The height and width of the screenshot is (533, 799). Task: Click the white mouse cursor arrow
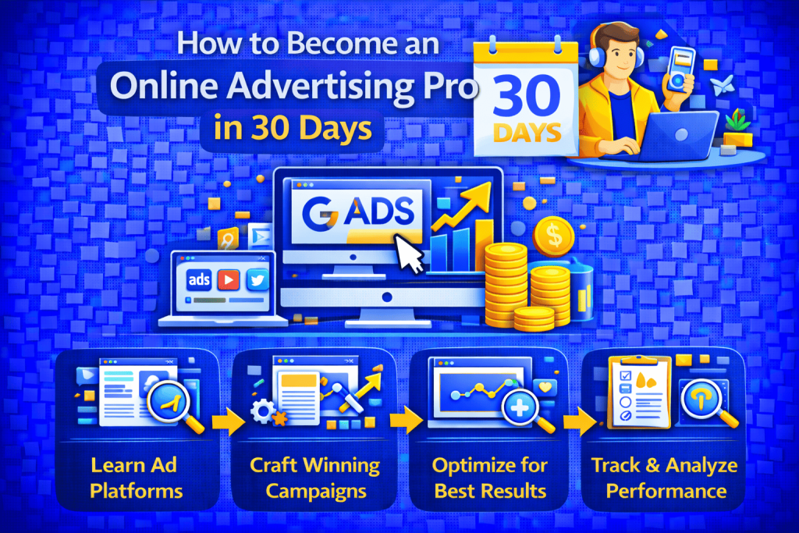409,254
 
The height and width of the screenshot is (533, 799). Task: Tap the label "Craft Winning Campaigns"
314,478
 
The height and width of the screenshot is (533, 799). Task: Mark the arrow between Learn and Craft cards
221,421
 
